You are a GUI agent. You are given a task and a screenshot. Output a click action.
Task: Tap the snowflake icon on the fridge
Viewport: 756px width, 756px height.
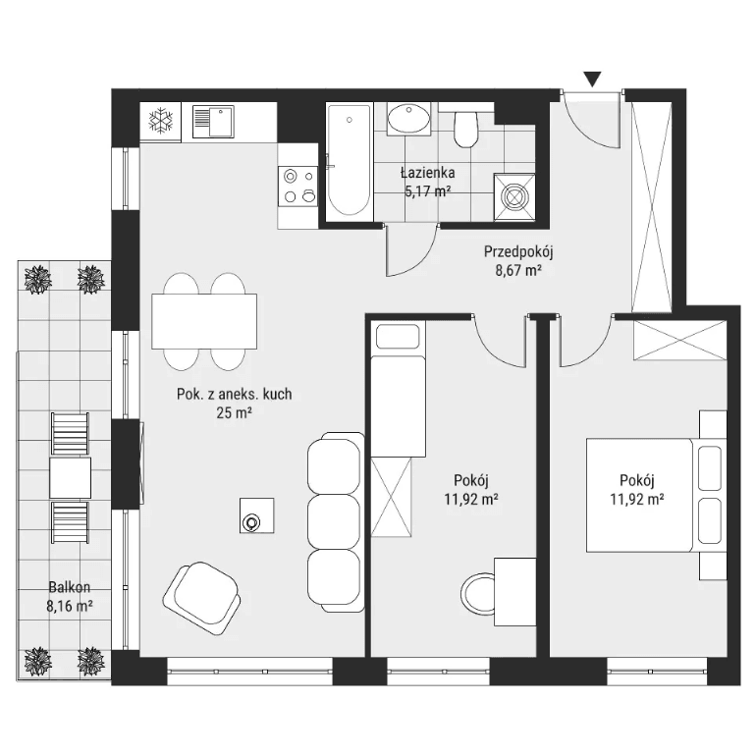tap(160, 121)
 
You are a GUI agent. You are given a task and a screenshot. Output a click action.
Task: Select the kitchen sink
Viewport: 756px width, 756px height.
tap(213, 122)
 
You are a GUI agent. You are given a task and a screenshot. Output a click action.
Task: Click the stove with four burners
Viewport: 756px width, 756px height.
tap(297, 187)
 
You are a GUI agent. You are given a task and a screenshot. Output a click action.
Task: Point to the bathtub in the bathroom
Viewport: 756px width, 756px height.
tap(350, 160)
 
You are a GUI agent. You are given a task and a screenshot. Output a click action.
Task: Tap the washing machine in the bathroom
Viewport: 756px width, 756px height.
tap(513, 196)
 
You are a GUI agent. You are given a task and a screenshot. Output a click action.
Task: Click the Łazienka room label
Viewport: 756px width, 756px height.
tap(427, 172)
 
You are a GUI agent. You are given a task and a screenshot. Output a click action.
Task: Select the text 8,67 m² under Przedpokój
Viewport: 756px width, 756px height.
tap(518, 270)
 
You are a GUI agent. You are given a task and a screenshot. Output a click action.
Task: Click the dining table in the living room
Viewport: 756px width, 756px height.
tap(204, 321)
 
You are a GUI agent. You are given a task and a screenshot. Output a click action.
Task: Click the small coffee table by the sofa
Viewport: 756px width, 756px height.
tap(257, 515)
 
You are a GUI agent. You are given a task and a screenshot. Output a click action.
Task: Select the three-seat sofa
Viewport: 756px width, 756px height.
tap(336, 522)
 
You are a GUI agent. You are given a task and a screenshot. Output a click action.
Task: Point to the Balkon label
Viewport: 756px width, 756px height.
tap(70, 587)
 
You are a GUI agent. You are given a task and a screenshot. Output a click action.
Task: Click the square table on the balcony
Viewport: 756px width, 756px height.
tap(70, 478)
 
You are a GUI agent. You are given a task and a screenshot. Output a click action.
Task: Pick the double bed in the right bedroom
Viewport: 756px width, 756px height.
tap(656, 495)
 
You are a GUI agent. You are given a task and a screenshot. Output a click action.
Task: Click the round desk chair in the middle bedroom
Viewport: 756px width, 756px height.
tap(477, 593)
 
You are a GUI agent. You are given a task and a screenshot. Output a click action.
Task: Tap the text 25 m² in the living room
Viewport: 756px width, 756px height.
tap(235, 413)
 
